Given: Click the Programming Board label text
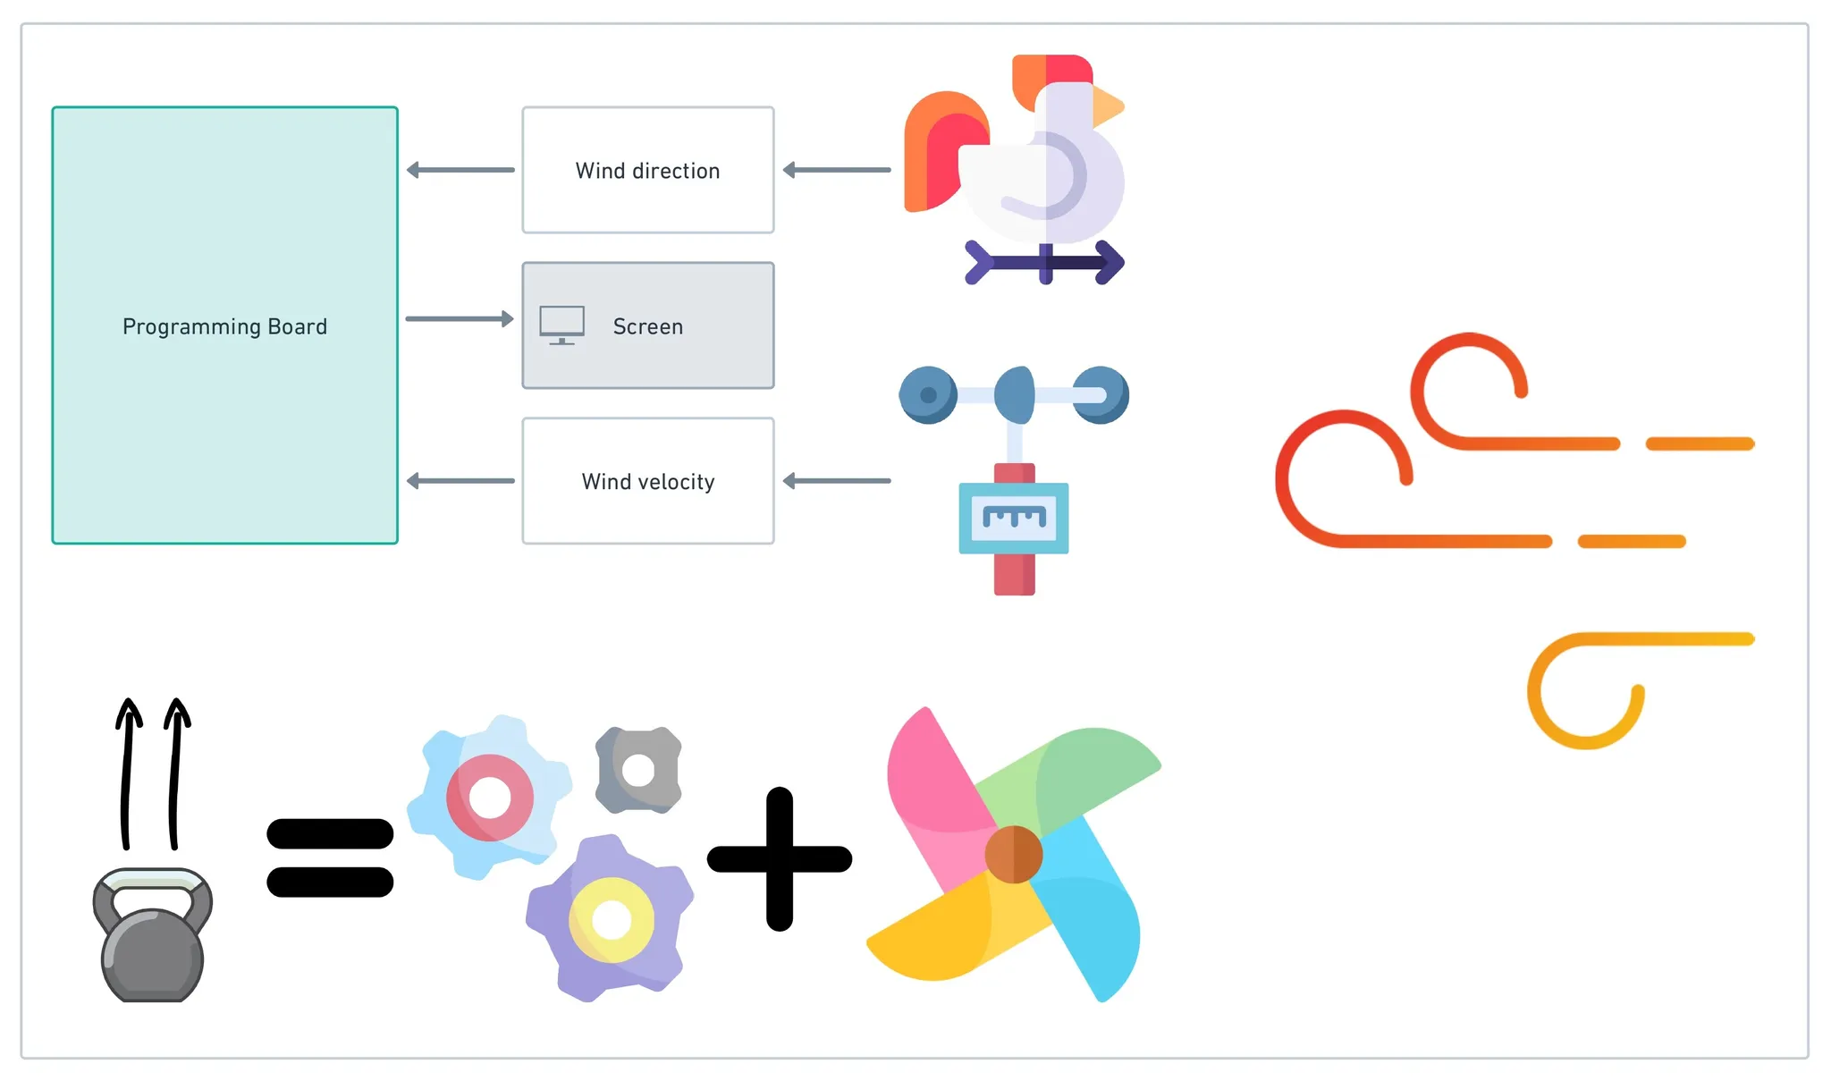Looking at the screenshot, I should pos(224,326).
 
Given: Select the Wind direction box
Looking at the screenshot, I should pos(647,170).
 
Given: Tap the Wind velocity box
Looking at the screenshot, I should pos(647,481).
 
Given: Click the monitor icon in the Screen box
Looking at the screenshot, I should pos(561,325).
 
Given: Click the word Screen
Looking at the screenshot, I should pos(647,326).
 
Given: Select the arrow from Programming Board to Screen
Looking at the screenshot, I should pos(460,318).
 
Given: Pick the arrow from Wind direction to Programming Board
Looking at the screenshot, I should pos(460,170).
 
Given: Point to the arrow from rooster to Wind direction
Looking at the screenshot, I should pos(836,170).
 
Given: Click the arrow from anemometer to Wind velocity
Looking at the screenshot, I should pos(836,481).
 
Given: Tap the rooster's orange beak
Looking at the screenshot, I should pos(1107,106).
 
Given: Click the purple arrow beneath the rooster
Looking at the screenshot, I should pos(1044,262).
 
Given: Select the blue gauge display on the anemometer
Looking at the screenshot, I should pos(1014,518).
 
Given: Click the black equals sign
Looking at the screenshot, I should pos(330,857).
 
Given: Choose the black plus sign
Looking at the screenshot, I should pos(780,858).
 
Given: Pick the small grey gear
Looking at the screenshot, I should pos(638,770).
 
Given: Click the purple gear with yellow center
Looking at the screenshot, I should pos(612,918).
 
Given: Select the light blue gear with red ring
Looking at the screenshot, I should pos(489,797).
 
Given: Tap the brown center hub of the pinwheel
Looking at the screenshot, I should pos(1013,854).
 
